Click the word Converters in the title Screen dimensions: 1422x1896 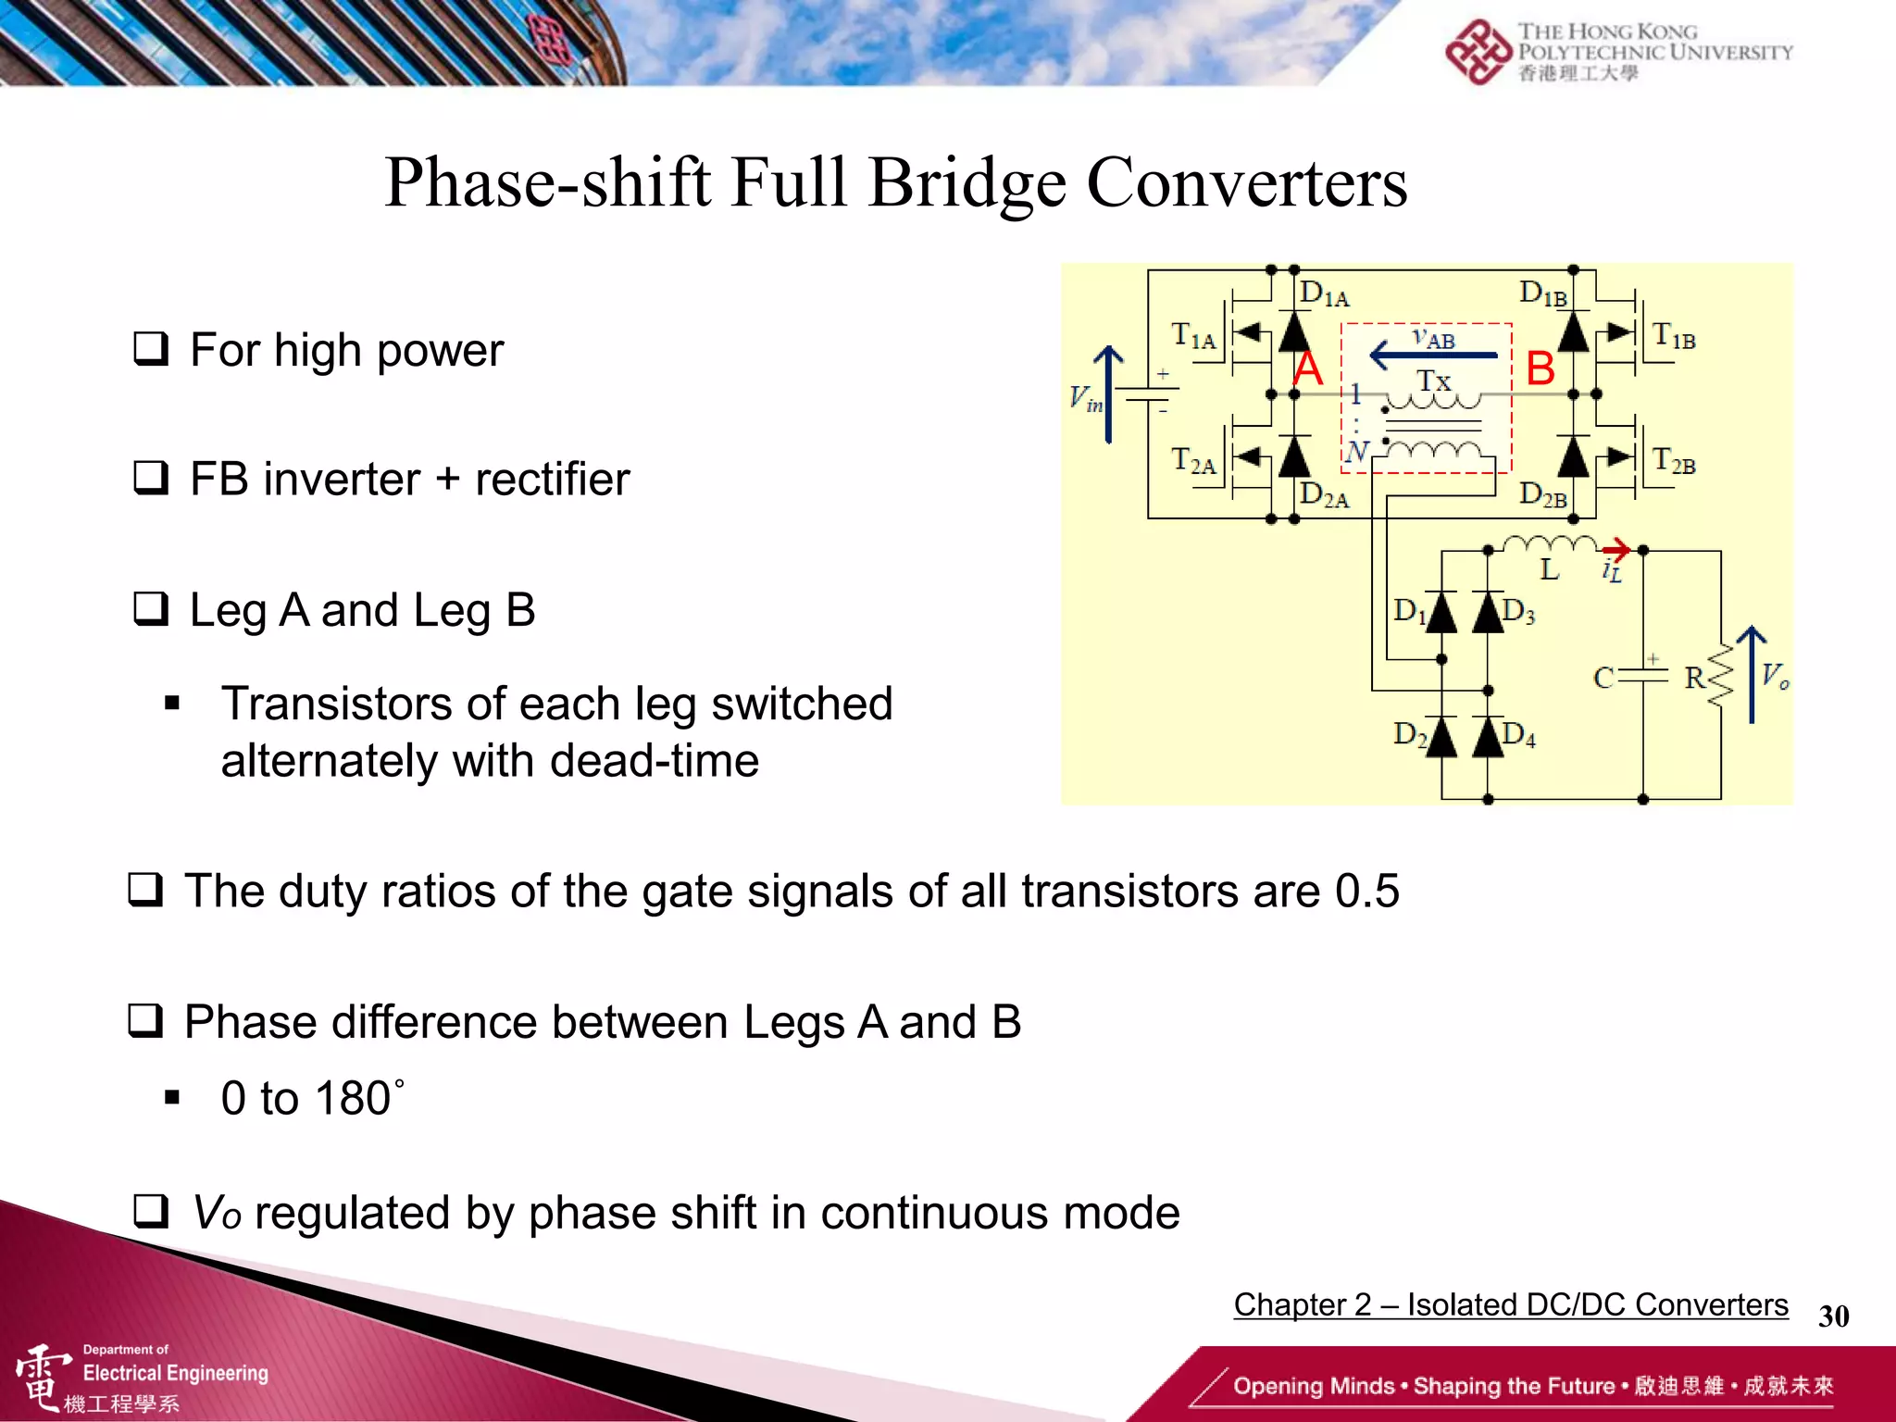(1246, 182)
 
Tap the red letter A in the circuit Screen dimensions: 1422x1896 (1307, 369)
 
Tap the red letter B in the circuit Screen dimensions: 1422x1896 (1540, 368)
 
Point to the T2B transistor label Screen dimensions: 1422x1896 (1674, 461)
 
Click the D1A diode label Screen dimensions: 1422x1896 (1324, 294)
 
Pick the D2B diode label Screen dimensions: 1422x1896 (1543, 495)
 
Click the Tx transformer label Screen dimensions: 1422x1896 (1433, 380)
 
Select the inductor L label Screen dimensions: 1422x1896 (1549, 569)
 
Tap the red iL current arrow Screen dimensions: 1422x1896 (1615, 549)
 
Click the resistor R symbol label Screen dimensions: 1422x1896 (1694, 678)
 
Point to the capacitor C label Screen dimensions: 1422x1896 (1603, 679)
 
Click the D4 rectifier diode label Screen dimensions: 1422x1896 (1519, 735)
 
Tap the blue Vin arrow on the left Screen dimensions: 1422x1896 (1108, 394)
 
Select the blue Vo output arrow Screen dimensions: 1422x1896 (1752, 674)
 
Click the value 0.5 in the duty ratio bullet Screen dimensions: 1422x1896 (1366, 892)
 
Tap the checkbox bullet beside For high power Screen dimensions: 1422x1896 (151, 349)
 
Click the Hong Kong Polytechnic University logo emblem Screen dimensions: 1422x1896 (1478, 52)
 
